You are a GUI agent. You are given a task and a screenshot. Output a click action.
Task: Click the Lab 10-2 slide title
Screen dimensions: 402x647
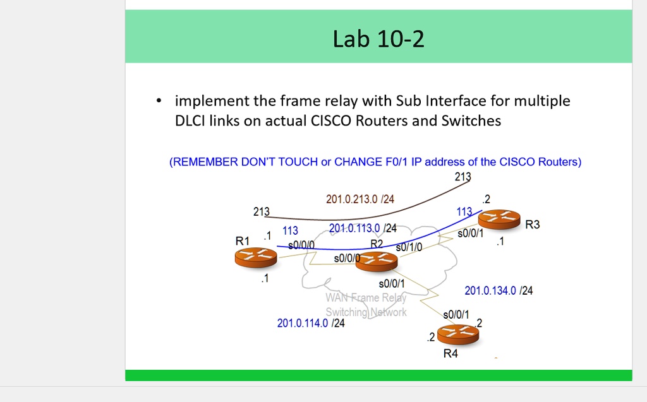click(x=378, y=39)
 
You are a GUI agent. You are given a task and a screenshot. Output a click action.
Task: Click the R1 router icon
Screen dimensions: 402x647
click(x=255, y=257)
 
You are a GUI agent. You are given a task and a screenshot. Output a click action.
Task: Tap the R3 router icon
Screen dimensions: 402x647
click(x=499, y=220)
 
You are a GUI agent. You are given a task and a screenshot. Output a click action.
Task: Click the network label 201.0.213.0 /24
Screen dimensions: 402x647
click(x=360, y=199)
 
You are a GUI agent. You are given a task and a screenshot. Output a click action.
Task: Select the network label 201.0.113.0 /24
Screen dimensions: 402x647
click(x=363, y=228)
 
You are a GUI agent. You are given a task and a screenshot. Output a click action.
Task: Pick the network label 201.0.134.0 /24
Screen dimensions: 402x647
click(x=499, y=291)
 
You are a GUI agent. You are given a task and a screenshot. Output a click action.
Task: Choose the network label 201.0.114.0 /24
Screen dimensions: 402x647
click(x=311, y=324)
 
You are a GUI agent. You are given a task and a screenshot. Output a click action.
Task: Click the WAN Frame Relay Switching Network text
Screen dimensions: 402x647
click(x=366, y=305)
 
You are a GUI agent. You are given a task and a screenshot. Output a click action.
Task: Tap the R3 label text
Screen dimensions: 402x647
click(x=533, y=225)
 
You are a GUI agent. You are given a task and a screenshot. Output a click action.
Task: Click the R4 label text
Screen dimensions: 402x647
click(x=450, y=353)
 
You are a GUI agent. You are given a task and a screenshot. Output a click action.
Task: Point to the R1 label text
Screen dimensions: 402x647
click(x=243, y=241)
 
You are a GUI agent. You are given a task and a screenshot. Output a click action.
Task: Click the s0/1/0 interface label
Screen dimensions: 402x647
click(x=409, y=247)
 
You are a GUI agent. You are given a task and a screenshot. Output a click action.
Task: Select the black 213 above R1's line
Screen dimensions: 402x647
click(x=261, y=211)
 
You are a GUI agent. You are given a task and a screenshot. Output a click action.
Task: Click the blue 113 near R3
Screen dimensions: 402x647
click(x=464, y=212)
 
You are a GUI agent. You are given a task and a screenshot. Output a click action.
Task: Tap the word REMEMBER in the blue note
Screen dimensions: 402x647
click(x=205, y=162)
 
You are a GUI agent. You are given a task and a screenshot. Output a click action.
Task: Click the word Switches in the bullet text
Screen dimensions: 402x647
click(x=471, y=121)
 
